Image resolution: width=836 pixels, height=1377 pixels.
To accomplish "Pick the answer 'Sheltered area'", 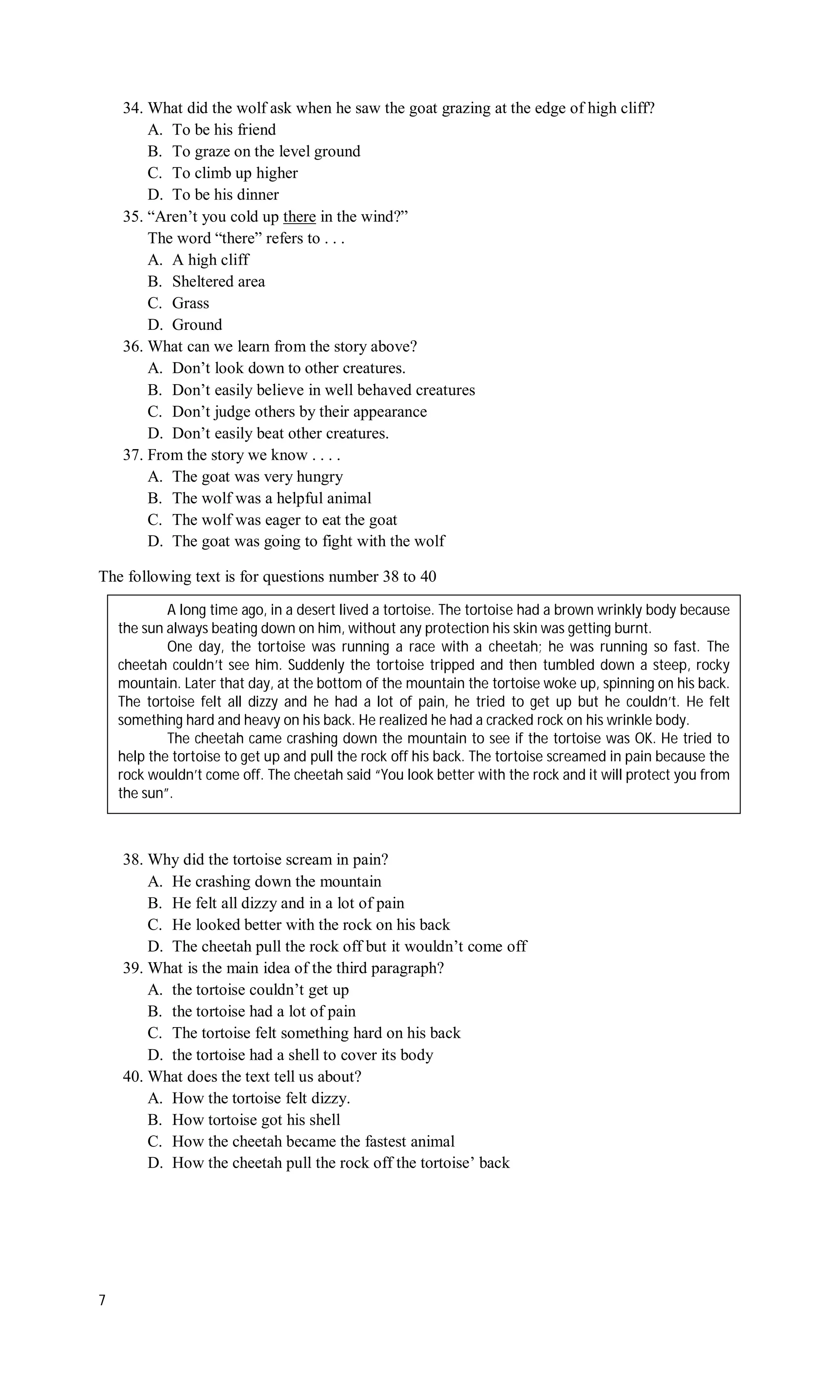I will click(x=218, y=281).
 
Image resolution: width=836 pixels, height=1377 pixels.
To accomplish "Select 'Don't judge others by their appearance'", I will click(x=299, y=412).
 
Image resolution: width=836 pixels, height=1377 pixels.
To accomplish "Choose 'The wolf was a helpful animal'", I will click(x=271, y=498).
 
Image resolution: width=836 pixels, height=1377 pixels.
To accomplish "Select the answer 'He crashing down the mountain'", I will click(x=276, y=881).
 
